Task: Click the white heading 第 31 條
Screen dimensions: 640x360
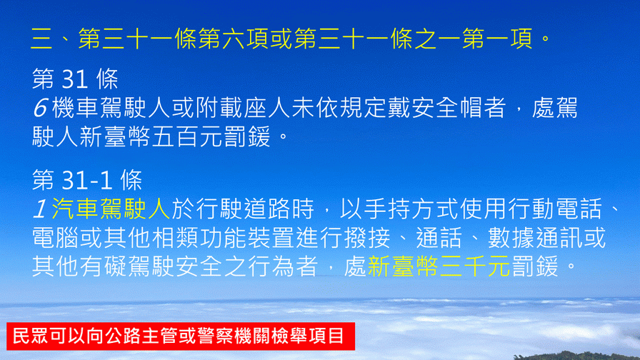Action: (x=75, y=79)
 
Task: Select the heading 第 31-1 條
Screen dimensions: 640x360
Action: (x=87, y=180)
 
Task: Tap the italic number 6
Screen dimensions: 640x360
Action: (x=41, y=108)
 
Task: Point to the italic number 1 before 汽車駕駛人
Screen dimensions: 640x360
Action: (x=41, y=209)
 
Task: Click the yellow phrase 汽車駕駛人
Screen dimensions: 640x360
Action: (x=111, y=209)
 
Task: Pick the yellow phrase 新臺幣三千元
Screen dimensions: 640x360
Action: (x=439, y=267)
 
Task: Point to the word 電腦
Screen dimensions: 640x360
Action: (x=56, y=238)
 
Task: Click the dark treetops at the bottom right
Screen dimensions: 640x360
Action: (x=579, y=356)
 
